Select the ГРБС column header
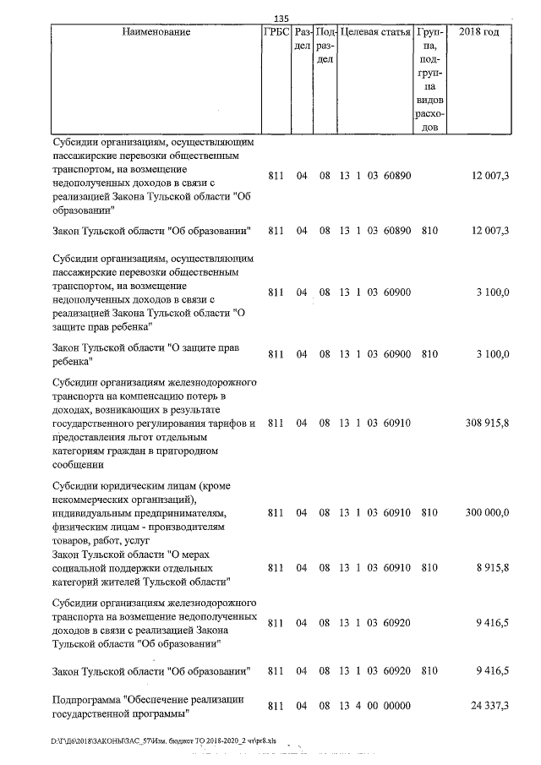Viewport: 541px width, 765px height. point(276,32)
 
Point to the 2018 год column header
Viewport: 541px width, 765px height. point(478,32)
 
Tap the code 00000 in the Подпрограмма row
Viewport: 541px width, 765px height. point(396,705)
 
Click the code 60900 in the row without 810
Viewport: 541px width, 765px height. point(396,292)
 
